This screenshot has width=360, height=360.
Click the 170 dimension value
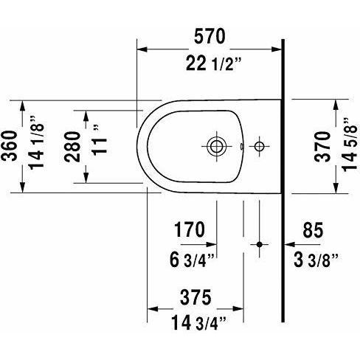(188, 230)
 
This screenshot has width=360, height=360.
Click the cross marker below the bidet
(258, 243)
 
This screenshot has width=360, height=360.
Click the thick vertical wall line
(284, 184)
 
